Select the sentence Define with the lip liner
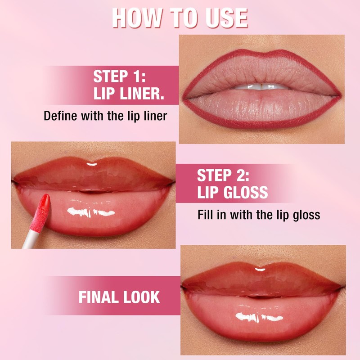105,116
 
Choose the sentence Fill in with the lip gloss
259,215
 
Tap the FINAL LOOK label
119,297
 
